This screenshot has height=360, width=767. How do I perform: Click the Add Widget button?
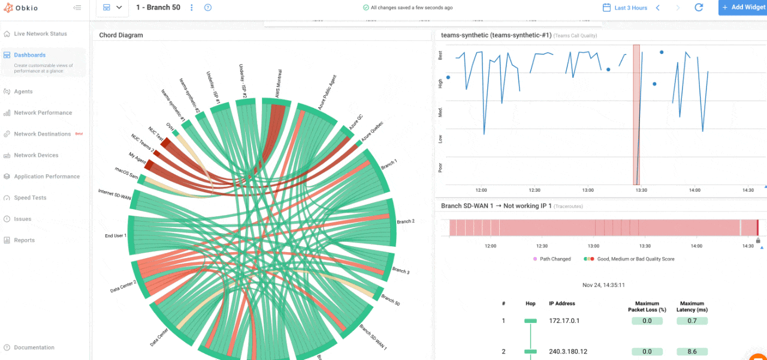(x=743, y=7)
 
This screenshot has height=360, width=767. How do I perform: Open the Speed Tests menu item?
(x=30, y=198)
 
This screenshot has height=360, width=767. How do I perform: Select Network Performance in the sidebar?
(x=43, y=113)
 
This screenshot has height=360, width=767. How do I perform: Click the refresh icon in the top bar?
(x=699, y=8)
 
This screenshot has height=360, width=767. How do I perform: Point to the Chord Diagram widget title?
(x=121, y=35)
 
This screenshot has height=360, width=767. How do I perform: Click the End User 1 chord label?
(x=115, y=236)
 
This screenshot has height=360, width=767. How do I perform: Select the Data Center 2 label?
(x=123, y=286)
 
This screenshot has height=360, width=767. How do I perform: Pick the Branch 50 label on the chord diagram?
(x=391, y=300)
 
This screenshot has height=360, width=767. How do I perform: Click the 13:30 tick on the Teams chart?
(x=641, y=190)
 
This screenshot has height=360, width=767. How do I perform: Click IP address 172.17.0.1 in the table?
(x=563, y=321)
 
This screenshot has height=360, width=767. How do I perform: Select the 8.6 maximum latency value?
(x=692, y=352)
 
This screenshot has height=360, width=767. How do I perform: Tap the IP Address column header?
(x=562, y=304)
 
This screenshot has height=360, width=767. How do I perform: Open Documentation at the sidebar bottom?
(x=34, y=347)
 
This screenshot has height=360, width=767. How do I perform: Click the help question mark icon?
(x=208, y=8)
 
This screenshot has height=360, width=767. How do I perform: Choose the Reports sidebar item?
(x=24, y=240)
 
